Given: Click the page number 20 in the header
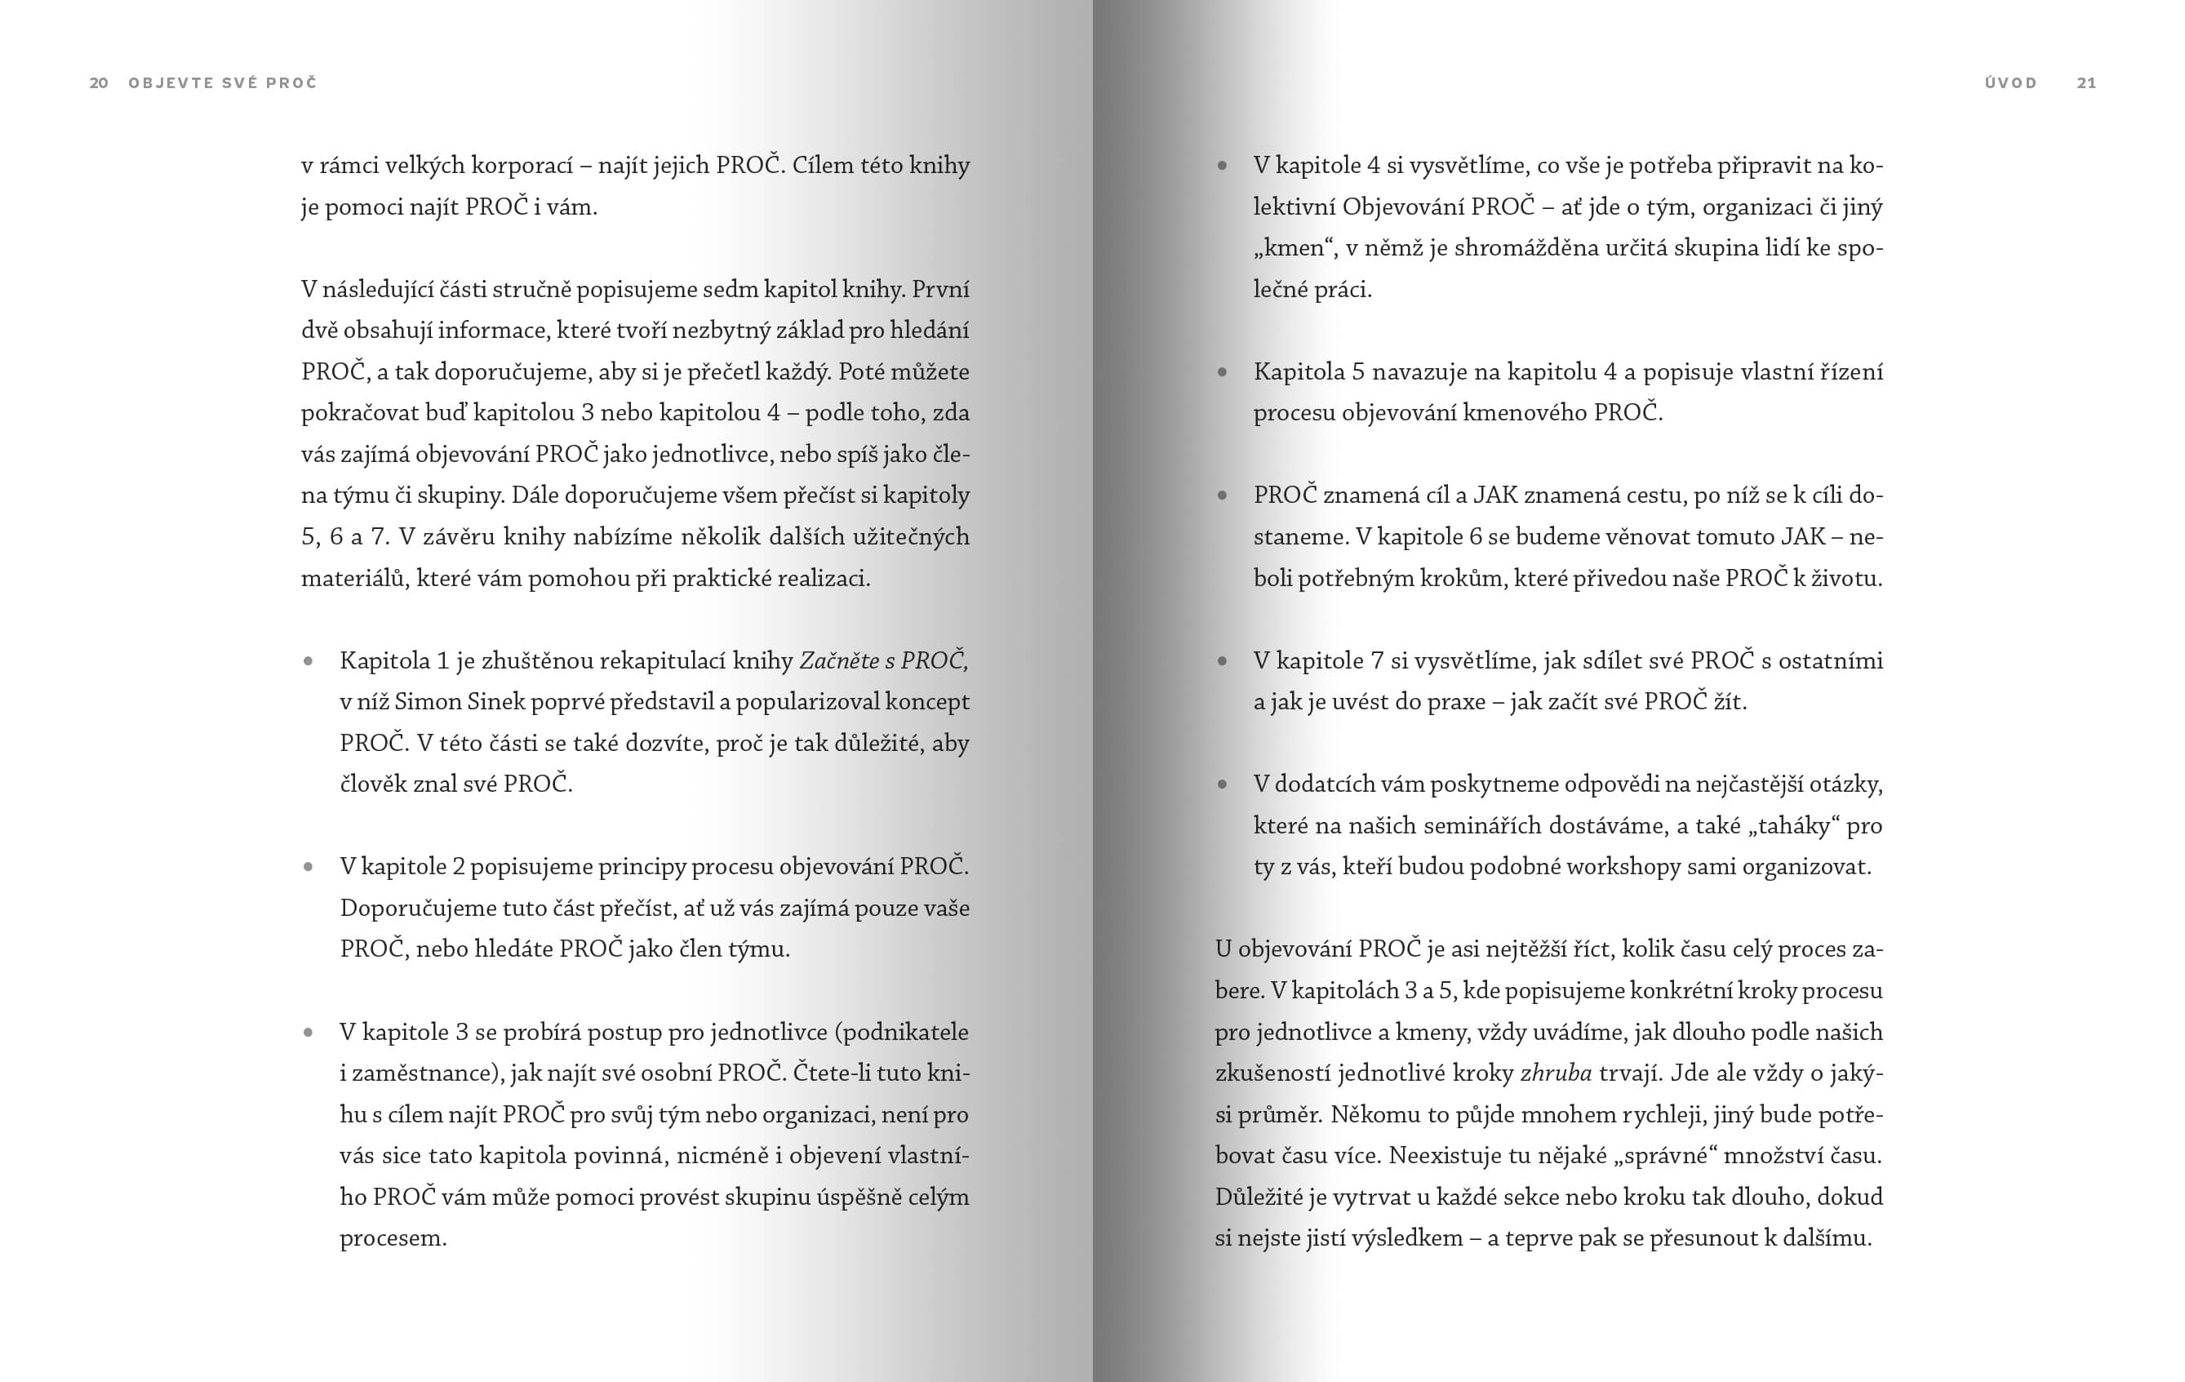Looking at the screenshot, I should tap(99, 83).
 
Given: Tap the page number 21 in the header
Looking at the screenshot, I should tap(2086, 83).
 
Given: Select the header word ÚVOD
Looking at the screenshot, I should tap(2011, 83).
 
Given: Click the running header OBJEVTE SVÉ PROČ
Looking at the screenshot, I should tap(223, 83).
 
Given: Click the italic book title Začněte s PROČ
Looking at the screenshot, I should tap(883, 660).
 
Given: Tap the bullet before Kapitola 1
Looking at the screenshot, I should tap(309, 661).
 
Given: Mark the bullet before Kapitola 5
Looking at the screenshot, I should tap(1222, 372).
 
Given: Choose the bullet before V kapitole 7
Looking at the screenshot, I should tap(1222, 661).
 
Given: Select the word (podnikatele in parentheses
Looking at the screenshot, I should tap(900, 1033).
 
